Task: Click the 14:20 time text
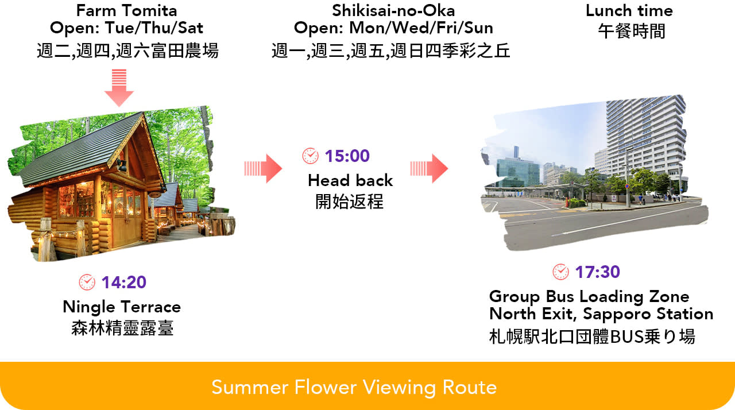[x=123, y=282]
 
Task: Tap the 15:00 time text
[x=347, y=156]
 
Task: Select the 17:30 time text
[x=598, y=272]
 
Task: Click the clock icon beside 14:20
[x=87, y=282]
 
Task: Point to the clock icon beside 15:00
[x=311, y=156]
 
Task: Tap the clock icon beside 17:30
[x=561, y=272]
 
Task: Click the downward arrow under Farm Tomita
[x=119, y=88]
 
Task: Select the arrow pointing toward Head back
[x=263, y=169]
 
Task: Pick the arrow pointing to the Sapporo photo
[x=429, y=169]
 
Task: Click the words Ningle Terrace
[x=122, y=307]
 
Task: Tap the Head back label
[x=350, y=180]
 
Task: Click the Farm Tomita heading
[x=127, y=10]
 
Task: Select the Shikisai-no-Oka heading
[x=393, y=10]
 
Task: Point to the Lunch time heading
[x=629, y=10]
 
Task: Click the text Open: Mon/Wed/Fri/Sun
[x=393, y=28]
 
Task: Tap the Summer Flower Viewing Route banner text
[x=354, y=388]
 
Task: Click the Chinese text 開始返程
[x=350, y=202]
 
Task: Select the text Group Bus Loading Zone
[x=589, y=296]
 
